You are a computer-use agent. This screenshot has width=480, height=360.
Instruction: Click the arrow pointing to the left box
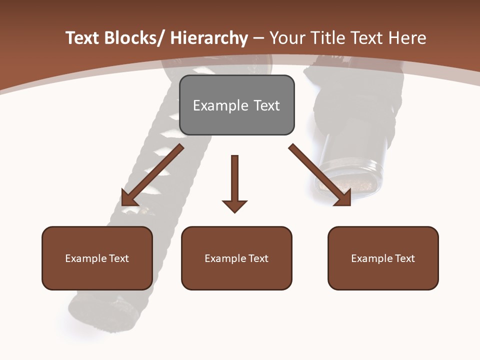pyautogui.click(x=152, y=175)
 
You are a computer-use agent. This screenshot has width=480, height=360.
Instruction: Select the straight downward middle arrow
pyautogui.click(x=234, y=180)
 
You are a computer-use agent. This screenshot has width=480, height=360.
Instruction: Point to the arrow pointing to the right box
pyautogui.click(x=320, y=175)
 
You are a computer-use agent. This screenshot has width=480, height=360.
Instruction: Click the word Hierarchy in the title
pyautogui.click(x=209, y=38)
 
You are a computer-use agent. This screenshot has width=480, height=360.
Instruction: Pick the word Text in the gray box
pyautogui.click(x=266, y=105)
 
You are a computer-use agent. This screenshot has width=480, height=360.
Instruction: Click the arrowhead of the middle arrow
pyautogui.click(x=234, y=205)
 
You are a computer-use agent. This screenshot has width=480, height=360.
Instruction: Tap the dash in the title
pyautogui.click(x=258, y=39)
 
